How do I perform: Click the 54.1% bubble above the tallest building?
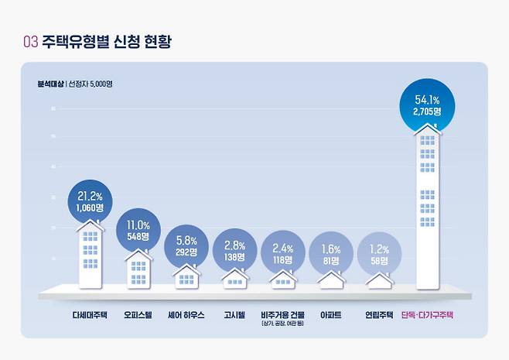427,105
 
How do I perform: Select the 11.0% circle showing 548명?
138,230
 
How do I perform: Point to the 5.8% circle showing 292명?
186,246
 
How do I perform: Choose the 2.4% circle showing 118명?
283,254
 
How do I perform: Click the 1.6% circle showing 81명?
330,255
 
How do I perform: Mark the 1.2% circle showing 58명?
379,256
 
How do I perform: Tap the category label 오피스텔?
138,316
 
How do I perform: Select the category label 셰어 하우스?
186,316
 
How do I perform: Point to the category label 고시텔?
235,316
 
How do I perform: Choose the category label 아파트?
330,316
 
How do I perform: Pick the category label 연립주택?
379,316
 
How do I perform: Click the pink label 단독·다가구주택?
428,316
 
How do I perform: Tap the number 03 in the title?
30,42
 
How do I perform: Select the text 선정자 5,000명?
91,84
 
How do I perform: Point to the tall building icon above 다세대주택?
90,252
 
